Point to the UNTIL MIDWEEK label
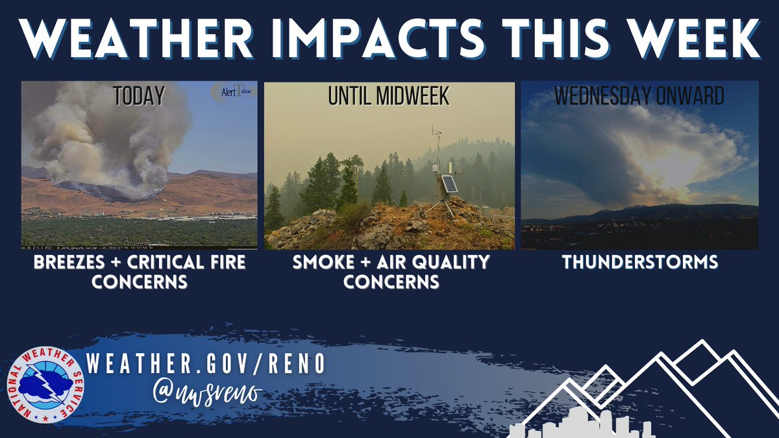[x=389, y=97]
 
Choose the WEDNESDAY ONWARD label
[x=639, y=97]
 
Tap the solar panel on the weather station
[x=448, y=184]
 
